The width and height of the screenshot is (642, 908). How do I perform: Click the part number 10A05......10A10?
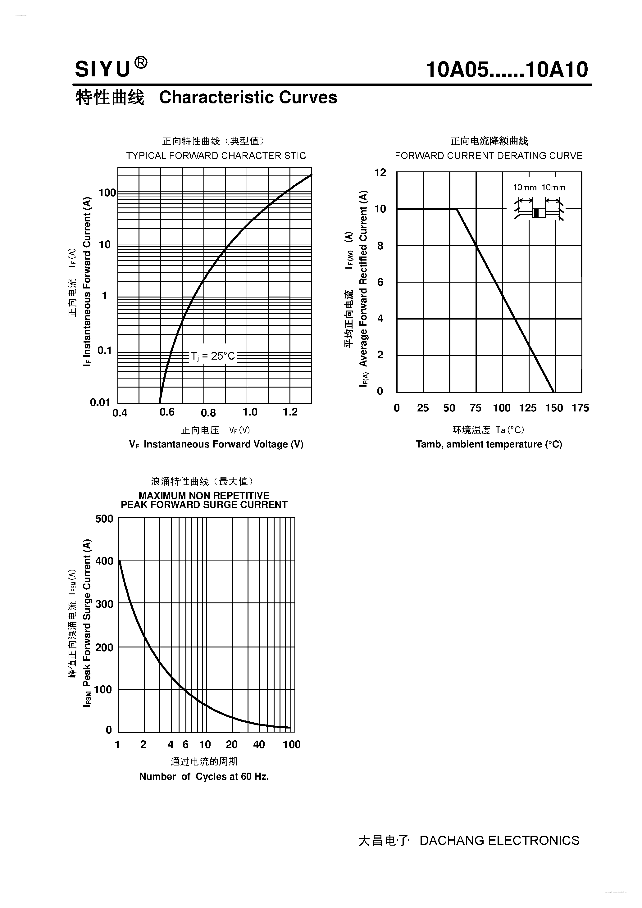507,70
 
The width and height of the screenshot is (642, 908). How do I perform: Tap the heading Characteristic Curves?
248,97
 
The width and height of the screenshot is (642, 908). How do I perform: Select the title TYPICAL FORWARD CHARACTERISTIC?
216,156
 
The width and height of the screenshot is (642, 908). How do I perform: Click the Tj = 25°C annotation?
213,356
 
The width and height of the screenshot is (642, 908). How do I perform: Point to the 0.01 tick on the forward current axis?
100,402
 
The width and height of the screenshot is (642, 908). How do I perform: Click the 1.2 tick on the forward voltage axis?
290,412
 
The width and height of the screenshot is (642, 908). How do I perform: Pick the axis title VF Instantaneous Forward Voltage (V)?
216,444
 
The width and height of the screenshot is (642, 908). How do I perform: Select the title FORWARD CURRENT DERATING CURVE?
489,156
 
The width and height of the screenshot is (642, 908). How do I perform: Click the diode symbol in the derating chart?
539,213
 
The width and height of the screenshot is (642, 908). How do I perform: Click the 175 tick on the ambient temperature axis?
580,408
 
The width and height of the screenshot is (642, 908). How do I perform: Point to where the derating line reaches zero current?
554,392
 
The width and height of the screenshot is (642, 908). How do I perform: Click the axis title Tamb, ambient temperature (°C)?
489,444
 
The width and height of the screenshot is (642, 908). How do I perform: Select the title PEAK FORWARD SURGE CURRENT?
204,505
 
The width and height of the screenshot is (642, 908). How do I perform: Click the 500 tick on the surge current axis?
104,519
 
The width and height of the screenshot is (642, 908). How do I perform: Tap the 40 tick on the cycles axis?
259,744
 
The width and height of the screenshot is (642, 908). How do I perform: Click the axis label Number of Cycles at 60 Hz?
204,776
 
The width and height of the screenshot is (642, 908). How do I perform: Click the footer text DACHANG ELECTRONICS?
499,840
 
